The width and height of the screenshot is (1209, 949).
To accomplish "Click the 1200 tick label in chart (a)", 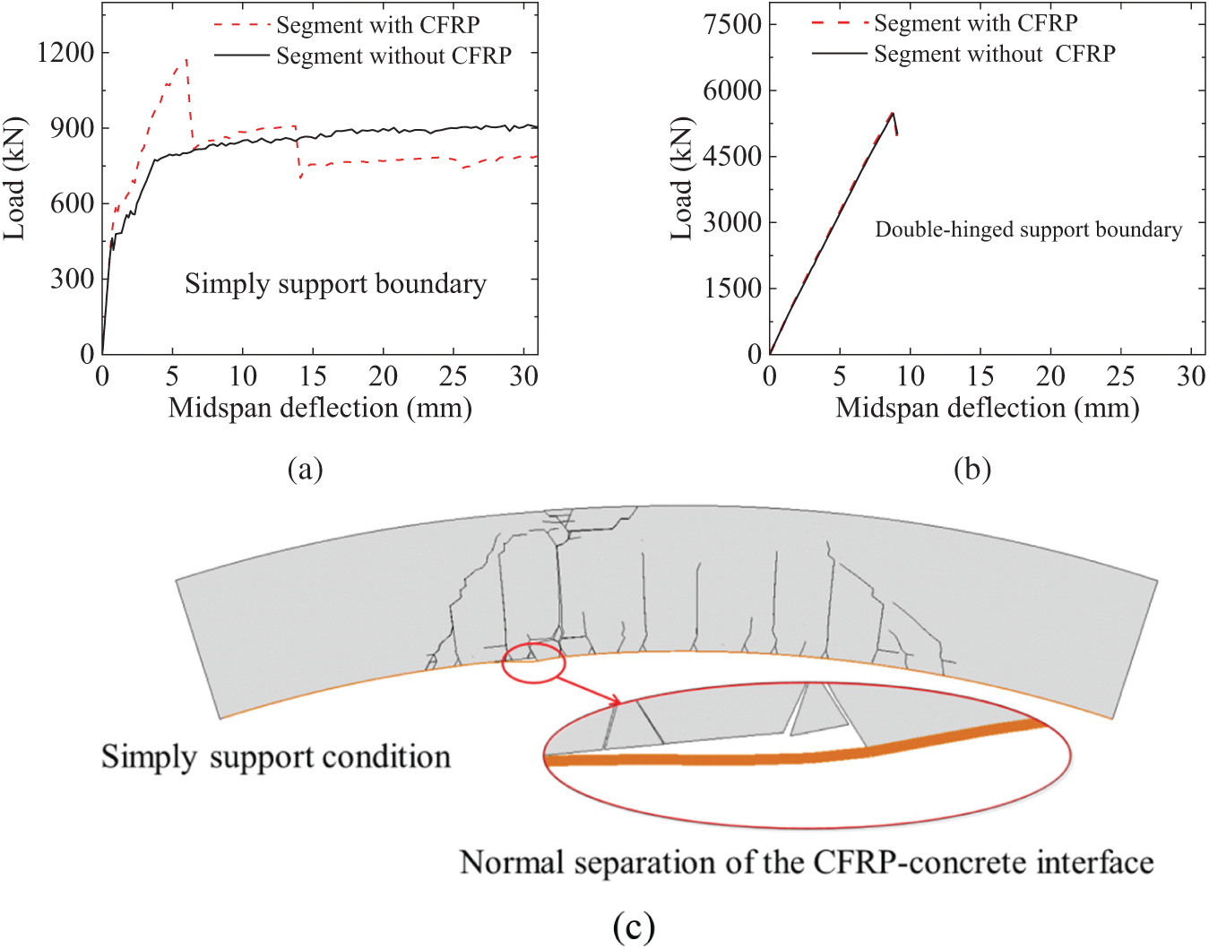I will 65,53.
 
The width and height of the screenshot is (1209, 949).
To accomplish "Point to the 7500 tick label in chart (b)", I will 731,24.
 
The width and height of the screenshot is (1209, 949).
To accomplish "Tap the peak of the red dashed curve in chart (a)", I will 186,60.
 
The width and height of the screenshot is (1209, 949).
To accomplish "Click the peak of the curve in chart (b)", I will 892,113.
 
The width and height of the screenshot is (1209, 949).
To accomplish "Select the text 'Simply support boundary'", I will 335,284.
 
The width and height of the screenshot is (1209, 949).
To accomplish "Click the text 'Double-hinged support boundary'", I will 1028,229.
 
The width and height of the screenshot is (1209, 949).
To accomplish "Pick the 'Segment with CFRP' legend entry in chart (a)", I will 377,24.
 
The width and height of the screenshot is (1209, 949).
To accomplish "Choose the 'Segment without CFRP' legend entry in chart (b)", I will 994,54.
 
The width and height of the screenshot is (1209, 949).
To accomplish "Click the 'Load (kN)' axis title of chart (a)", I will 14,178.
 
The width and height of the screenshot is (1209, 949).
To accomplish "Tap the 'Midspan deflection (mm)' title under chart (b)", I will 987,408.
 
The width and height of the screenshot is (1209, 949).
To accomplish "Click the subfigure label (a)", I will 305,469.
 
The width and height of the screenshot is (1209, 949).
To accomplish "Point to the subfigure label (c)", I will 634,926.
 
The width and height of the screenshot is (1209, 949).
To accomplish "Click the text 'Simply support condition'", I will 275,757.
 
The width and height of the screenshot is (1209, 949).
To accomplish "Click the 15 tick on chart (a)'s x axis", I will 313,376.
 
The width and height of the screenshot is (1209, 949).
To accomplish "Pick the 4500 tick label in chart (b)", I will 731,156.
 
